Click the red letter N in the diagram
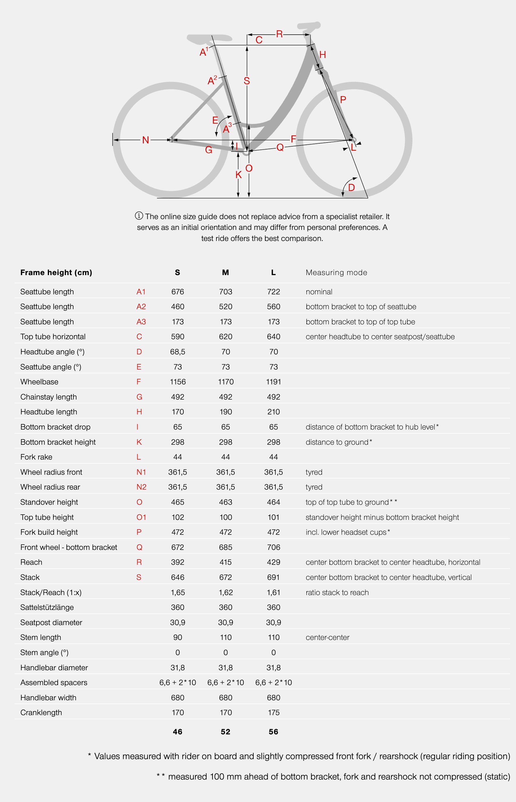tap(145, 140)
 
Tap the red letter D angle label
tap(351, 187)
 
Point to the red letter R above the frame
tap(279, 34)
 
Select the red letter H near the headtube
tap(322, 54)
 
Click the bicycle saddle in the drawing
tap(209, 38)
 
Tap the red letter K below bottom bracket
tap(238, 175)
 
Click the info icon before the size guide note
tap(139, 216)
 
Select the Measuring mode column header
tap(336, 272)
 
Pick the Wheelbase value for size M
tap(226, 382)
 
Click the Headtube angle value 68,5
tap(178, 352)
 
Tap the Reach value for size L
tap(273, 562)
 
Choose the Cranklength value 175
tap(273, 713)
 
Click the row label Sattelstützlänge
tap(47, 607)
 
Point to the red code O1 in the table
tap(141, 517)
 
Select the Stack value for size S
tap(178, 577)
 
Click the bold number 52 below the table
tap(226, 732)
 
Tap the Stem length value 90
tap(178, 637)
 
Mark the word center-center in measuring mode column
tap(327, 637)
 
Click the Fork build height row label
tap(49, 532)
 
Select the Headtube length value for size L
tap(273, 412)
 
